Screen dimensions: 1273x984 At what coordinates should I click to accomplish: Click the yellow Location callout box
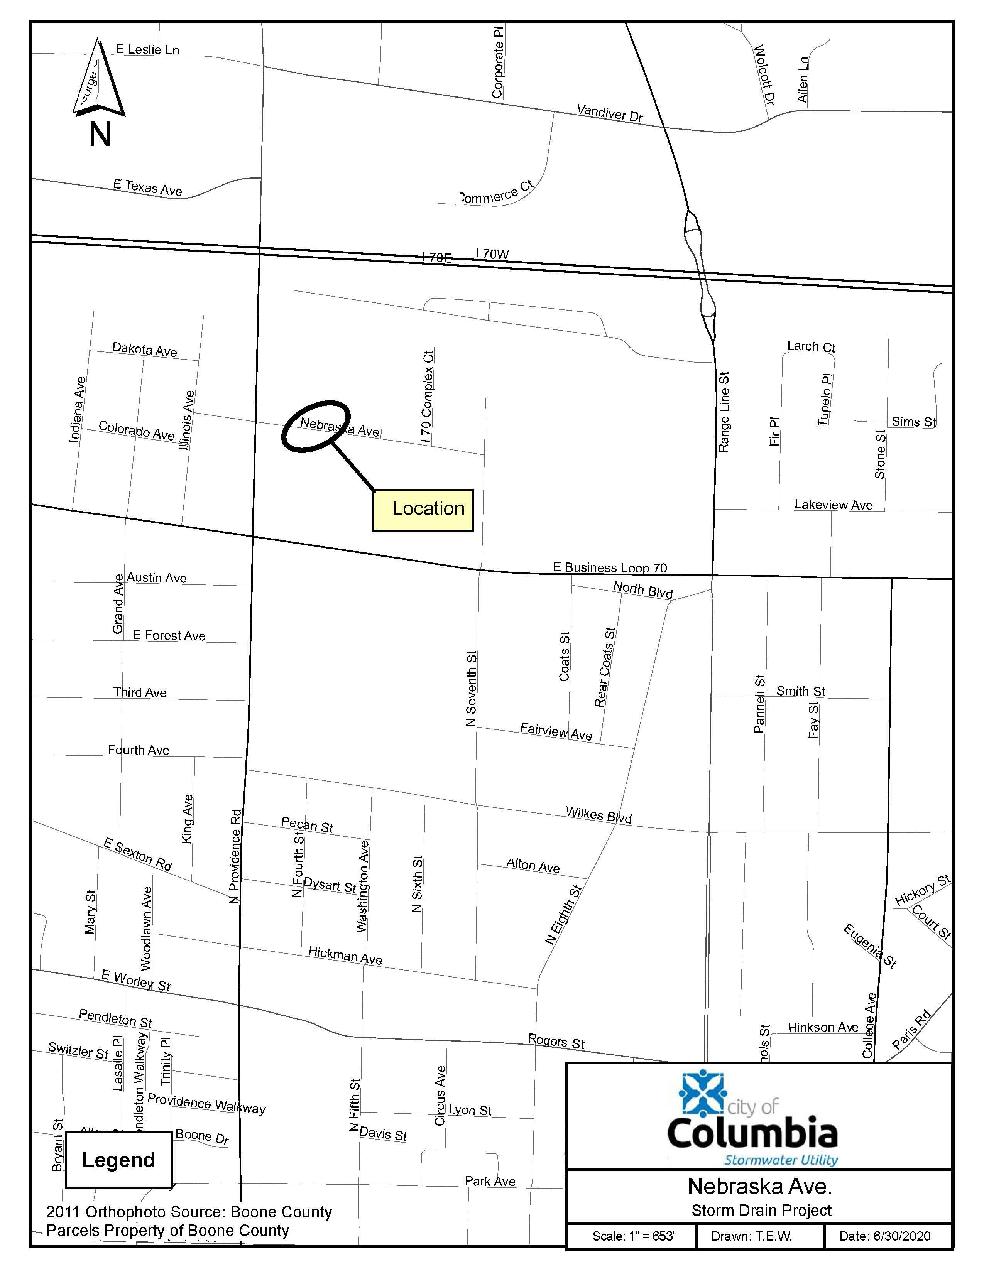point(423,510)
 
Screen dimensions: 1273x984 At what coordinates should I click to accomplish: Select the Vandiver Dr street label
point(610,113)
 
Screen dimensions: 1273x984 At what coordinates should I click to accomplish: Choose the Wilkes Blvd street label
point(599,815)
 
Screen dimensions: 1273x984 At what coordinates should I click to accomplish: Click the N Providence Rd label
point(235,856)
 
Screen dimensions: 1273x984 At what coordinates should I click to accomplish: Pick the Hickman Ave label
point(345,956)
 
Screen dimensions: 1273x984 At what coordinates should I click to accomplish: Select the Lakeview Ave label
point(833,505)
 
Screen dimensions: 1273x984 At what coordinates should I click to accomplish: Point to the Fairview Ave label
point(556,731)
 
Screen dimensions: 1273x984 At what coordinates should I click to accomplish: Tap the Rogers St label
point(556,1041)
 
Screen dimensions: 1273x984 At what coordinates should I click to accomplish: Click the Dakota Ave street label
point(145,350)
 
